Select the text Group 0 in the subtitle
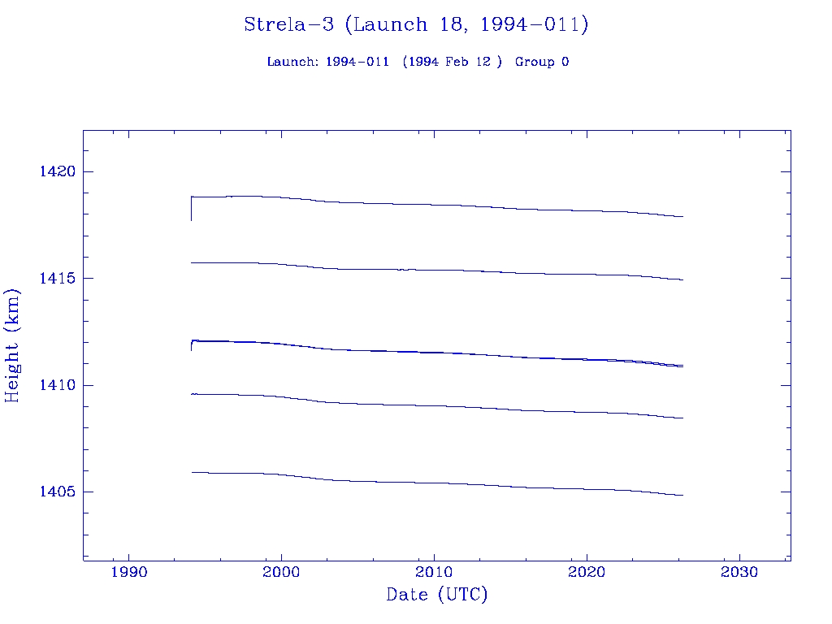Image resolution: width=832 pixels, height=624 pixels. pos(541,62)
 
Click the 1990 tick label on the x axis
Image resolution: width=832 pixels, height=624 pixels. pos(128,572)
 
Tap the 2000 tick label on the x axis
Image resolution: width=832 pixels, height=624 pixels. pos(281,572)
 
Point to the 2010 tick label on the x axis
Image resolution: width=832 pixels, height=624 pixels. pos(434,572)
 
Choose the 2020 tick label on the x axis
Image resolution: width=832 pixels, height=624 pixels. pos(587,572)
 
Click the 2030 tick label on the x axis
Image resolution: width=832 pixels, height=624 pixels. pos(739,572)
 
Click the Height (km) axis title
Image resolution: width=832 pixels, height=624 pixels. pos(12,345)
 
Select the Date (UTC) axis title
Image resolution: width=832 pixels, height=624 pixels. pos(437,595)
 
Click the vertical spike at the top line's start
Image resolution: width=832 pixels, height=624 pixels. pos(191,210)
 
